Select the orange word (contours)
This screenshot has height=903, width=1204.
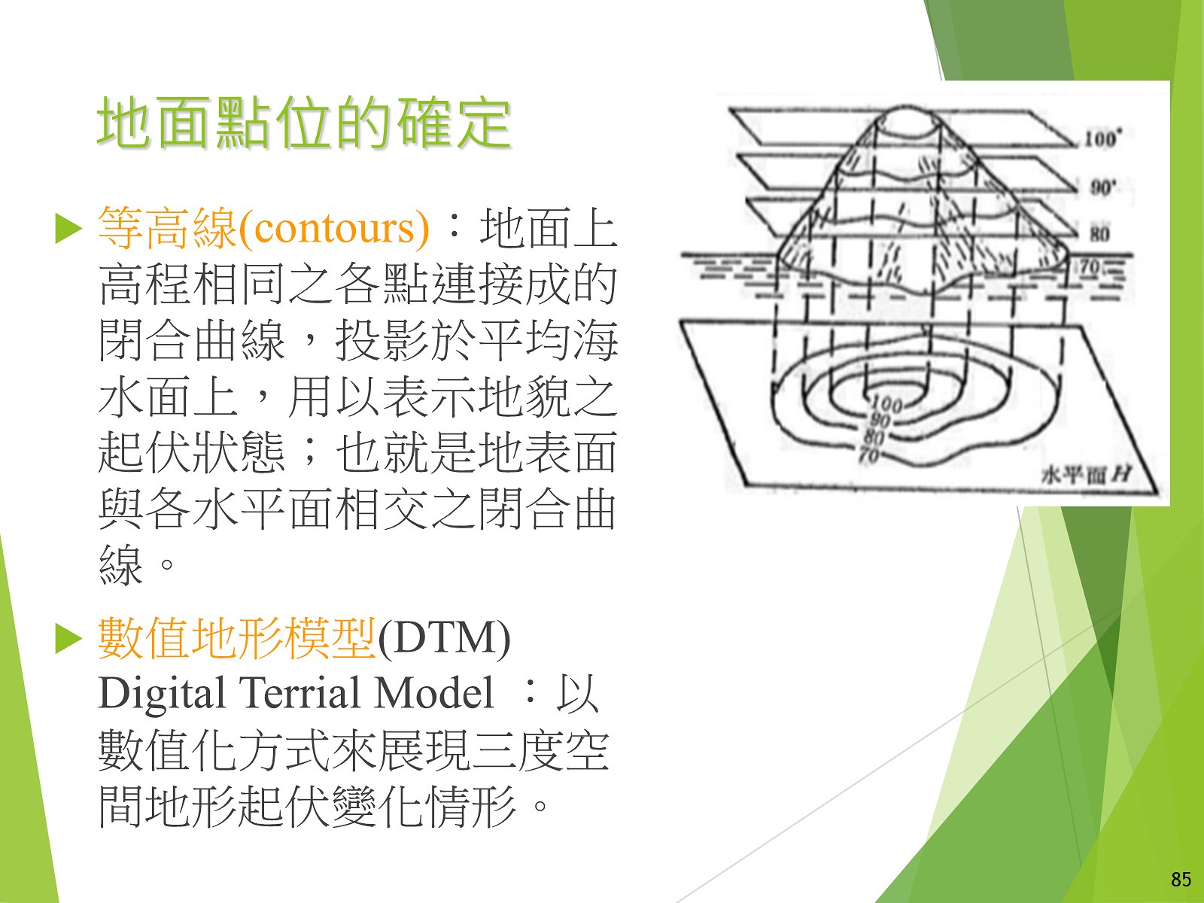point(333,227)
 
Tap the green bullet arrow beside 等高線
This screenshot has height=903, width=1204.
point(68,230)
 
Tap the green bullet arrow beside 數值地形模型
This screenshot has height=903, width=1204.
point(68,640)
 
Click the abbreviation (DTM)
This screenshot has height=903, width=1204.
point(444,639)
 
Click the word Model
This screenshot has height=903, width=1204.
point(434,693)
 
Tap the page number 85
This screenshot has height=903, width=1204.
point(1181,879)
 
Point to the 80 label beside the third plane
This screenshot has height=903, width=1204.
point(1099,235)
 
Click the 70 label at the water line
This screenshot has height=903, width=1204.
point(1089,268)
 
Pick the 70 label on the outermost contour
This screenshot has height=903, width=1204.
point(869,455)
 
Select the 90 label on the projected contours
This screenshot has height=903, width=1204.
point(880,421)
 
